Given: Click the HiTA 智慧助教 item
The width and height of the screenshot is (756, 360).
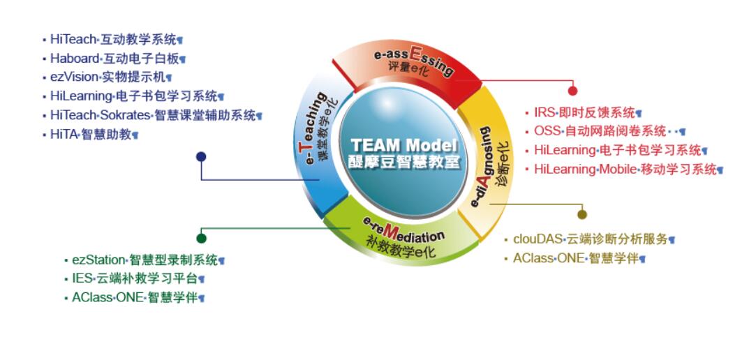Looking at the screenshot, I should [90, 134].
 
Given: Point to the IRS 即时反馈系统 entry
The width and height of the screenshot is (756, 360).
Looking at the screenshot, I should [584, 112].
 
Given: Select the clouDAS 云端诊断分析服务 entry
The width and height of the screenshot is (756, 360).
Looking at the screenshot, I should [590, 239].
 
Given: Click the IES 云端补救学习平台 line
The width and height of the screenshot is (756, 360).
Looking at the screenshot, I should [138, 278].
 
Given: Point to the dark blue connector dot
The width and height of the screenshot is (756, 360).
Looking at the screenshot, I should [201, 157].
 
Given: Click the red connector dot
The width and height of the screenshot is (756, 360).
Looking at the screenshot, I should [572, 91].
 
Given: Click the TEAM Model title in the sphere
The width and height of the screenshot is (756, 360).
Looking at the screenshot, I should [404, 145].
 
